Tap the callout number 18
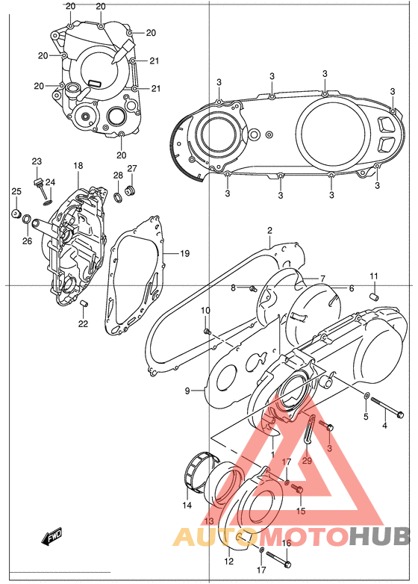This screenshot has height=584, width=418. coord(78,165)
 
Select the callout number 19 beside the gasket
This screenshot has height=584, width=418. coord(184,254)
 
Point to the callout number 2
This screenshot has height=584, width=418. coord(269,231)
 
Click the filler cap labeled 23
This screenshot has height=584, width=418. coord(37,181)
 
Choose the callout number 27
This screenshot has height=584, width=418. coord(132,168)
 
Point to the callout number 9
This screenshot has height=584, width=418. coord(187,390)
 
